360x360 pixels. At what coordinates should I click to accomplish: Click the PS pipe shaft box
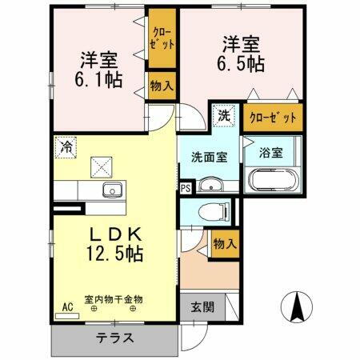coord(186,189)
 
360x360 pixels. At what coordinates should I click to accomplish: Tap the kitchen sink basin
coord(112,190)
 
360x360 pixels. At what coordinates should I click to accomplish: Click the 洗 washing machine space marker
coord(225,115)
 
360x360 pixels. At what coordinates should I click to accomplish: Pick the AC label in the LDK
coord(67,306)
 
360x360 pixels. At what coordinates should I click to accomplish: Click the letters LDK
coord(116,234)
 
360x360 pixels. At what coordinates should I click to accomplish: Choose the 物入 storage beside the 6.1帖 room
coord(160,84)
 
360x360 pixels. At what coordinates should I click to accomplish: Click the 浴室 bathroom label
coord(271,154)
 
